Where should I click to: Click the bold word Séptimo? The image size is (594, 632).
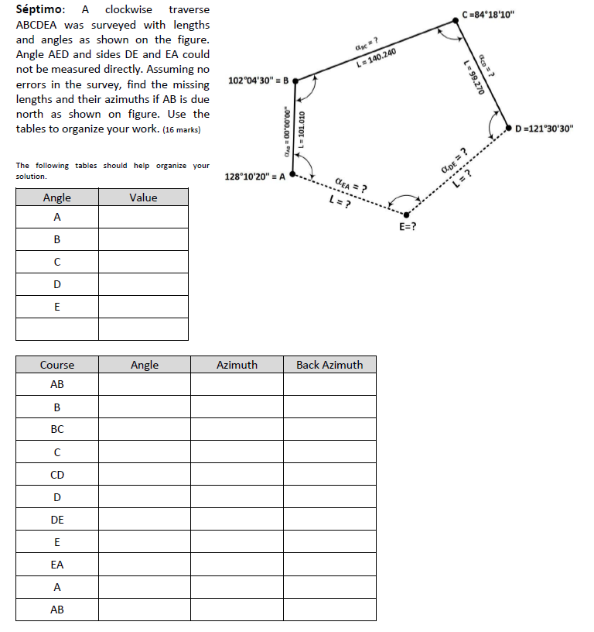coord(39,10)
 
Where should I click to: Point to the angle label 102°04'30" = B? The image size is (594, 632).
coord(259,81)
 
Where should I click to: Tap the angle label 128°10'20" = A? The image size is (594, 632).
coord(254,177)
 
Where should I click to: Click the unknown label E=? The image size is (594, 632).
coord(408,227)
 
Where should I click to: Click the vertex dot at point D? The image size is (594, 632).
coord(508,128)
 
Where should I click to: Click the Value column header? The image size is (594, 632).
coord(143,197)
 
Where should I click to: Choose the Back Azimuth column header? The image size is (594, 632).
coord(329,365)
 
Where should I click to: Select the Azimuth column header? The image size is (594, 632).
coord(237,365)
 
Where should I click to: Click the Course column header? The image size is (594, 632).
coord(57,365)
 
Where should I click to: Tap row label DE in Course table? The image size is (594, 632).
coord(57,520)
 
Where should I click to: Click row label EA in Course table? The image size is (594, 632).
coord(57,565)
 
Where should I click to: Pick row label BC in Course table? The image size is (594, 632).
coord(57,429)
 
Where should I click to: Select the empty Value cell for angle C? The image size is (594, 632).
coord(143,262)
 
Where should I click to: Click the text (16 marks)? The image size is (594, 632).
coord(181,129)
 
